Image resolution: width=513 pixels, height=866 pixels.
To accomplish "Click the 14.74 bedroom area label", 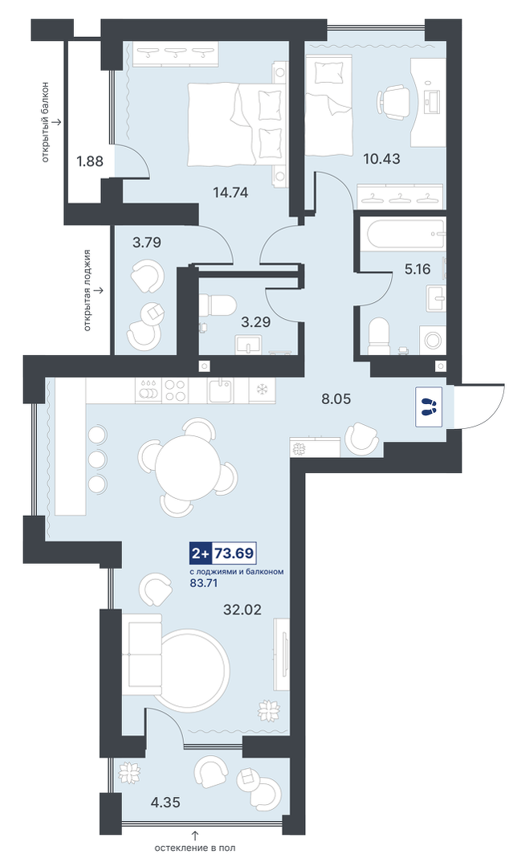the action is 230,192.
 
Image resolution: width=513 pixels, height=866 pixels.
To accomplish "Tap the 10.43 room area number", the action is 381,159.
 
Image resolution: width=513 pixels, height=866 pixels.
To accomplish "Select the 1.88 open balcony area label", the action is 89,161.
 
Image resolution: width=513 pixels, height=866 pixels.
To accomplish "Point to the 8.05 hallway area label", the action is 336,398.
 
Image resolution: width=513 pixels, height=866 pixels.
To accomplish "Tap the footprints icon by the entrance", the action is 427,406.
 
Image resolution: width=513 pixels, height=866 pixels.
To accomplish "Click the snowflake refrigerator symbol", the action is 259,390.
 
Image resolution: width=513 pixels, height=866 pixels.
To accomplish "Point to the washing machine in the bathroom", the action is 433,339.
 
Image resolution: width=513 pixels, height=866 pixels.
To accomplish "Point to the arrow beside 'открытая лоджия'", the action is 99,290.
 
